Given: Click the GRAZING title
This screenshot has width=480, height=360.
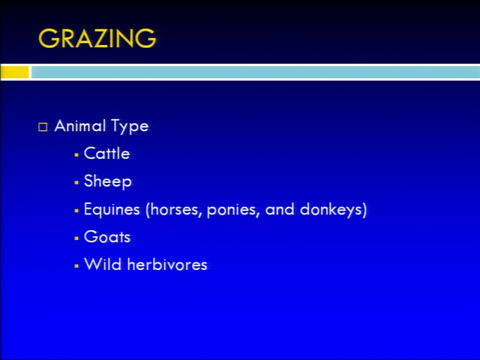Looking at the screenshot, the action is (97, 38).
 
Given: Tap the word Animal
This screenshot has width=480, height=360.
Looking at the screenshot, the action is (80, 125).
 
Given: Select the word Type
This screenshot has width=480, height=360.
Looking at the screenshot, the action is (130, 127).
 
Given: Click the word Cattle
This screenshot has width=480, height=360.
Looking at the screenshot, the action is (106, 153).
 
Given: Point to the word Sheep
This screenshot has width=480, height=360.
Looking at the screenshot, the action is (108, 181).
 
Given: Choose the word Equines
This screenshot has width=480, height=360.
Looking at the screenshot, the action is (112, 210).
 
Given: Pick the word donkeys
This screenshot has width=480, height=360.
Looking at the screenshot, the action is (331, 210).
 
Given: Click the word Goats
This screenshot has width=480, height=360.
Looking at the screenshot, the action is (107, 237).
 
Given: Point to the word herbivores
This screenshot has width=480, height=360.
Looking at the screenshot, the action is (167, 264).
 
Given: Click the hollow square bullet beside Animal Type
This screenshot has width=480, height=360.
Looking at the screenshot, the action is (43, 127).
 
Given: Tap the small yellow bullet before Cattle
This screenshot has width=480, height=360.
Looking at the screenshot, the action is (76, 155).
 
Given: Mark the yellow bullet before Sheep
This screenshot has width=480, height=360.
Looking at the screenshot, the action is (76, 183).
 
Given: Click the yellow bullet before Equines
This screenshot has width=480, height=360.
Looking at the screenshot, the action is (76, 211).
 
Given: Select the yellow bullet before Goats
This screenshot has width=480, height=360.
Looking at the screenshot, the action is (76, 238).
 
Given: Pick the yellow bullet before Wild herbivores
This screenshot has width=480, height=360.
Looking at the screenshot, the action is (76, 265).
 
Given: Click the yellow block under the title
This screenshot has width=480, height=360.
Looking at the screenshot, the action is (15, 72).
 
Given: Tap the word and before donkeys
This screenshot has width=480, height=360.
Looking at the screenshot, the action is (280, 210).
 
